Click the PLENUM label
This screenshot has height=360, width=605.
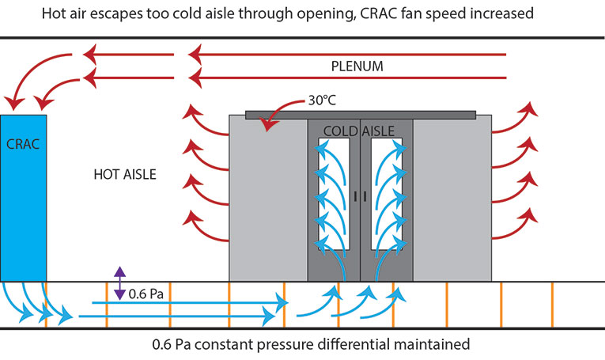tap(357, 66)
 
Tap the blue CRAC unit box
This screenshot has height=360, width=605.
tap(23, 198)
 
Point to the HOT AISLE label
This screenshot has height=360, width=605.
tap(125, 174)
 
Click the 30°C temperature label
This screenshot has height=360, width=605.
tap(322, 100)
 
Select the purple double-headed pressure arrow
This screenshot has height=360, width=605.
tap(119, 283)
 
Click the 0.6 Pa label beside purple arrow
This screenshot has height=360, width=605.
tap(146, 294)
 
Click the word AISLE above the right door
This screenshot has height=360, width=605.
tap(378, 131)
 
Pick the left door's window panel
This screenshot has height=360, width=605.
tap(334, 194)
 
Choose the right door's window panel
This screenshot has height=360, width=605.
tap(387, 194)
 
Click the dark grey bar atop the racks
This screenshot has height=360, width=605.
tap(361, 115)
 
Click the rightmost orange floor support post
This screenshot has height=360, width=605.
tap(552, 305)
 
